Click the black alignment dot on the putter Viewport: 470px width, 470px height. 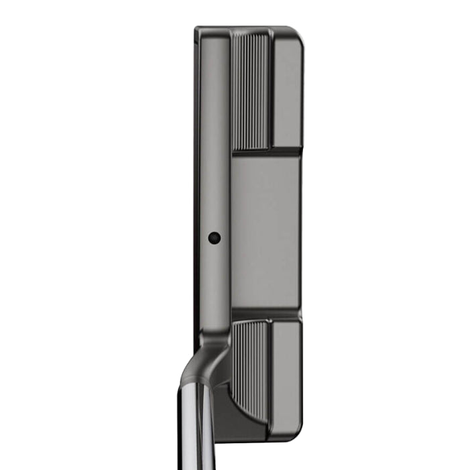coord(214,237)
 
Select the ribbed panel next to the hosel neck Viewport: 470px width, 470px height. coord(252,362)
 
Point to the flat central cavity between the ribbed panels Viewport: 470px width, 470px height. coord(264,235)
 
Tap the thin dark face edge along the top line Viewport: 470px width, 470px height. coord(196,168)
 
